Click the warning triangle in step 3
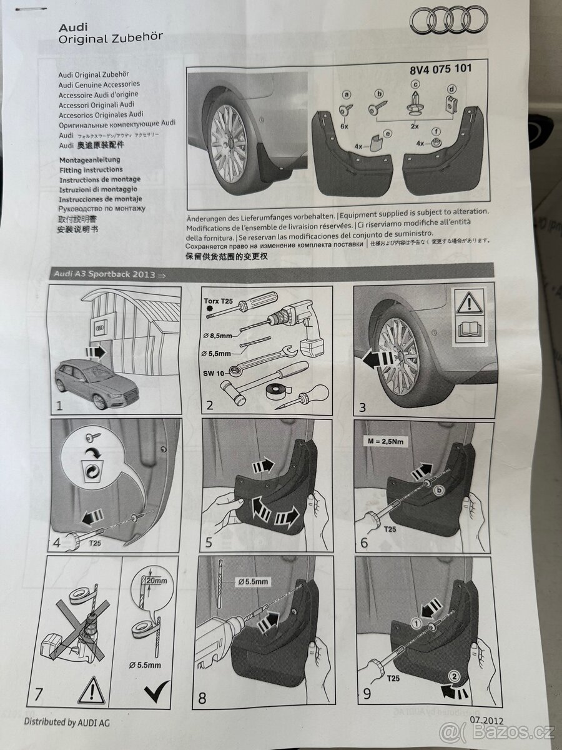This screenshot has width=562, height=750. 470,303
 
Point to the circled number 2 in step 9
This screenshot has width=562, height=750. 455,675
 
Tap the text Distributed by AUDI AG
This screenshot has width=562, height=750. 69,722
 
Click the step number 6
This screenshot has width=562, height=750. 364,542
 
